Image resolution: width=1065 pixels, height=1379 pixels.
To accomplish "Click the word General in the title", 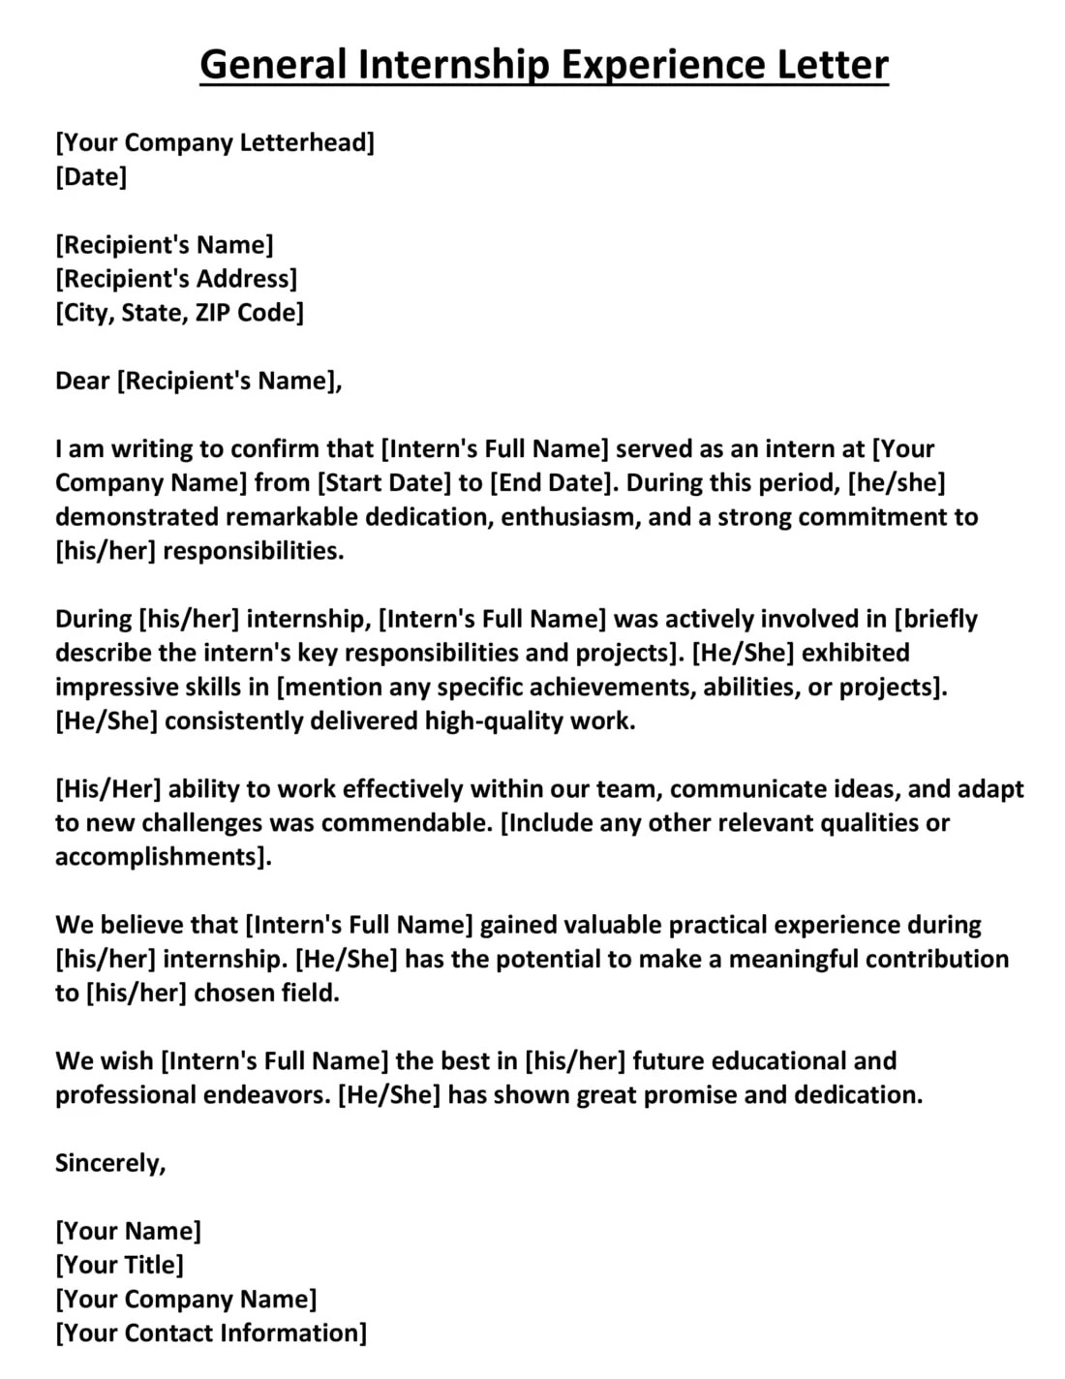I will [x=273, y=65].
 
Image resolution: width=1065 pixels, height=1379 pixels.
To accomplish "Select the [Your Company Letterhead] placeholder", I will [x=215, y=143].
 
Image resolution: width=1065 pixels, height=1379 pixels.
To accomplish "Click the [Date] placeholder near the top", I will [x=91, y=177].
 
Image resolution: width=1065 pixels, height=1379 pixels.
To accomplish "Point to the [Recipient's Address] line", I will [x=176, y=279].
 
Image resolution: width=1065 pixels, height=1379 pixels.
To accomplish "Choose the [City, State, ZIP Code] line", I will [x=179, y=313].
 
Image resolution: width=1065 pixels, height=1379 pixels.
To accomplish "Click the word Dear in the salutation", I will [x=82, y=381].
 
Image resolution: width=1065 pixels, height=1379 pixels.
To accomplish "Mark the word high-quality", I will [x=500, y=720].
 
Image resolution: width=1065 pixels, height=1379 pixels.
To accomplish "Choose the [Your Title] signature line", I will [x=119, y=1265].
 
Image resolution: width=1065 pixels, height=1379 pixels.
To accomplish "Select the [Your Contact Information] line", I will [x=211, y=1333].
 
